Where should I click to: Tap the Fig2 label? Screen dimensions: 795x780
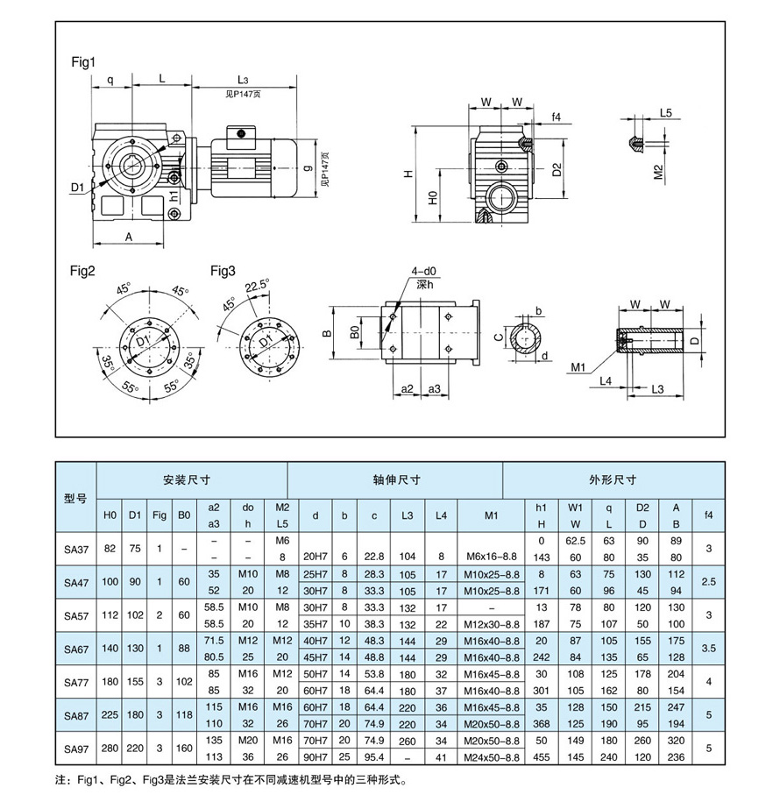[83, 271]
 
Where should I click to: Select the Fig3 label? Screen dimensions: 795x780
[223, 271]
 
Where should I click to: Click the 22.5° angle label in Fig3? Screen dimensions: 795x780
[256, 285]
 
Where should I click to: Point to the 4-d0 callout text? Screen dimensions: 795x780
[422, 272]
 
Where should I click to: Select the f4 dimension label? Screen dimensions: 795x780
[556, 117]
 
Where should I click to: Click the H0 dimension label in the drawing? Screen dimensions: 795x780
[432, 198]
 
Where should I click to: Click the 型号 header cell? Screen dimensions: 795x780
[75, 497]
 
